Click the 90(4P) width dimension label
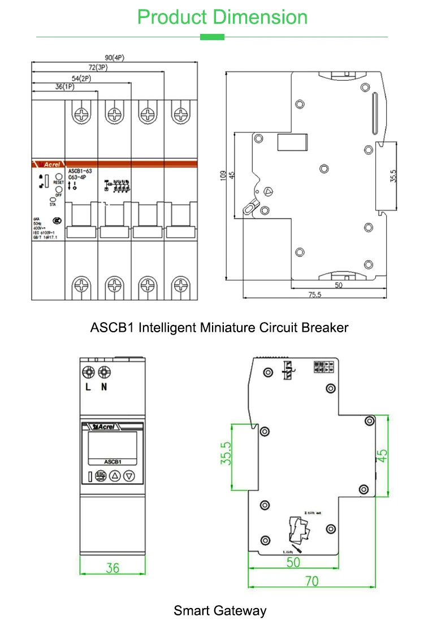pos(115,58)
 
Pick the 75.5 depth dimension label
pos(314,294)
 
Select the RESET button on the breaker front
pos(59,177)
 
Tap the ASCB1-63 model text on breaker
pos(81,170)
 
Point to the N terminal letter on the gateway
pos(104,387)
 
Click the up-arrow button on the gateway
pos(115,476)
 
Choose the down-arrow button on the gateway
pos(129,476)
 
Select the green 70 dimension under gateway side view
pos(311,580)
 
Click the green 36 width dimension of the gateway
pos(113,567)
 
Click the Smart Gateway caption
pos(219,610)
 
